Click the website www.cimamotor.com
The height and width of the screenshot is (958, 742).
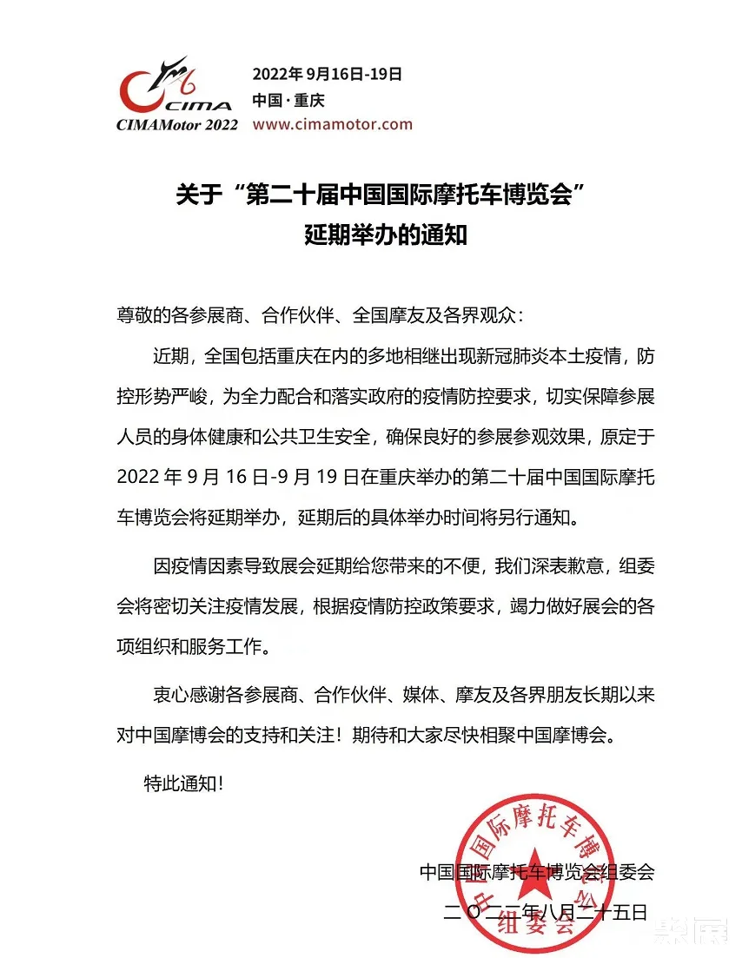point(332,124)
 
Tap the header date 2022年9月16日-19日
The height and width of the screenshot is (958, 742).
point(327,74)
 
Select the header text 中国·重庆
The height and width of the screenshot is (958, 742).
point(282,99)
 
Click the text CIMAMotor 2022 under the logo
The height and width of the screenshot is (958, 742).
point(176,125)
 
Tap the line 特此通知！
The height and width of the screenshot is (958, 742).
point(183,783)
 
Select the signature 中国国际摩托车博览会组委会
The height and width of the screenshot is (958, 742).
point(535,871)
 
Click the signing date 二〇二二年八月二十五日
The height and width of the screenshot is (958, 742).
point(545,912)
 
